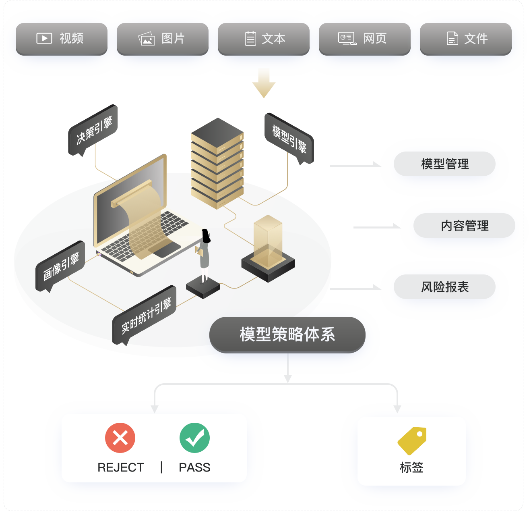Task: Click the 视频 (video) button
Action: (62, 39)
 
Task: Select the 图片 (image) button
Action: (163, 39)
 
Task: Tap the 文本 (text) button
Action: (264, 39)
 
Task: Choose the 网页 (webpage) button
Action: (365, 39)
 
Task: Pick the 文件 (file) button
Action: (466, 39)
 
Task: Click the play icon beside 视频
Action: (44, 38)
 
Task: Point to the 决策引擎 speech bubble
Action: (93, 130)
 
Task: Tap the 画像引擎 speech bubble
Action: (60, 266)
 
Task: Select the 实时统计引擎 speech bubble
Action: (145, 315)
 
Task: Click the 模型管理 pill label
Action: (444, 164)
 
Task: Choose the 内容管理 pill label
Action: (464, 226)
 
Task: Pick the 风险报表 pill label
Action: (444, 287)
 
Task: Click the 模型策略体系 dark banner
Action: (287, 334)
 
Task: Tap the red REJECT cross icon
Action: (120, 438)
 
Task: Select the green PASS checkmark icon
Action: (194, 438)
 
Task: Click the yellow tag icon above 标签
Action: (412, 440)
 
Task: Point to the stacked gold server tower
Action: (217, 163)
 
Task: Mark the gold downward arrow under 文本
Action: (265, 84)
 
